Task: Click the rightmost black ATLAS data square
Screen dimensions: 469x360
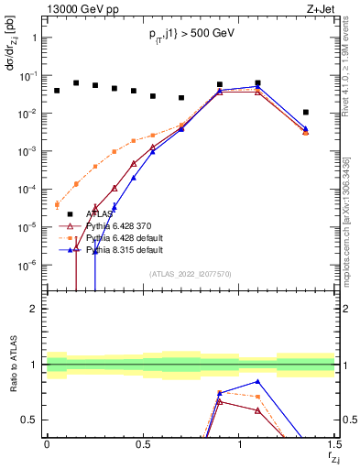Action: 306,112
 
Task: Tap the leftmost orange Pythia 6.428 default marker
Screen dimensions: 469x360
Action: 57,204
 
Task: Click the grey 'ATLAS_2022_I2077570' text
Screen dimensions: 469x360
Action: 190,273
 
